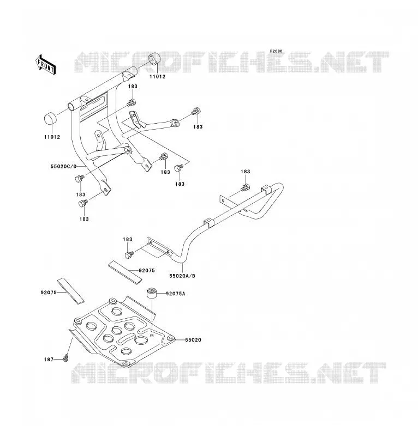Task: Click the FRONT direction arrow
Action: tap(45, 65)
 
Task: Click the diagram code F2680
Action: tap(276, 51)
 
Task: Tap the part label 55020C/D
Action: tap(64, 166)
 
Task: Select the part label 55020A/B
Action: tap(182, 276)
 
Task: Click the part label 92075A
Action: tap(175, 294)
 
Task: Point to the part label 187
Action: tap(49, 360)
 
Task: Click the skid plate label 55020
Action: tap(193, 340)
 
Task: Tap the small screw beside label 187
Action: tap(65, 358)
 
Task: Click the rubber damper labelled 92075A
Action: tap(152, 294)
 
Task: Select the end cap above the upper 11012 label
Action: tap(154, 59)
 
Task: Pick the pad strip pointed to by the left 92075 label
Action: tap(70, 291)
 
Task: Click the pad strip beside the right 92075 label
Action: tap(125, 272)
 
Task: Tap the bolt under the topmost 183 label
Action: tap(131, 103)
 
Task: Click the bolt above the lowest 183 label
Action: tap(83, 203)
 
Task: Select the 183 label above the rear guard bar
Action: tap(245, 172)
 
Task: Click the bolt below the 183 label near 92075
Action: tap(129, 255)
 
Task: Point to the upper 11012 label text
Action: tap(157, 77)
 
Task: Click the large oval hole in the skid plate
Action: tap(141, 340)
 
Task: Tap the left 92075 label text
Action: tap(49, 293)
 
